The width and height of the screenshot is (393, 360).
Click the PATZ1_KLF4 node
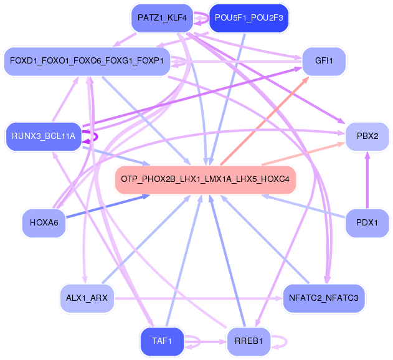[162, 18]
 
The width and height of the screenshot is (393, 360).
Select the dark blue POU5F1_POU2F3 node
[249, 18]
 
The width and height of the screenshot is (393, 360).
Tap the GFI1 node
[324, 61]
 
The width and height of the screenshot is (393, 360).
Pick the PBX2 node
[367, 136]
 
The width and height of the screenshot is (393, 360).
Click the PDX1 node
[367, 222]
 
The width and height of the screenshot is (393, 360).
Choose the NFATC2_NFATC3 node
[324, 298]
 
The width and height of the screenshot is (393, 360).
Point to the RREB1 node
[249, 341]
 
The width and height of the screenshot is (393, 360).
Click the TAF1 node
[162, 341]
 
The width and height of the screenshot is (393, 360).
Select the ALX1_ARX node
[87, 298]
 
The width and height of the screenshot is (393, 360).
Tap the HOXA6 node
[44, 222]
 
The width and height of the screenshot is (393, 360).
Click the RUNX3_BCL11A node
[44, 136]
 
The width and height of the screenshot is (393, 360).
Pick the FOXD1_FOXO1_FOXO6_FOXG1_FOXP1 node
[87, 61]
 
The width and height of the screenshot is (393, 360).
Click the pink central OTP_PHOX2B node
[206, 179]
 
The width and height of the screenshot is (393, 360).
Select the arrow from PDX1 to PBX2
[367, 180]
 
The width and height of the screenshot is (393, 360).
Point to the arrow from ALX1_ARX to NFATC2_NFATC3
[198, 298]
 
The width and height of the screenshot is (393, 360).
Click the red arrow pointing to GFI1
[265, 121]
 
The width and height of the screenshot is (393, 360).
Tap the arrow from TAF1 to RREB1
[206, 342]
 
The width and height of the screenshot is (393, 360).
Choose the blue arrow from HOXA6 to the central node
[108, 206]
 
